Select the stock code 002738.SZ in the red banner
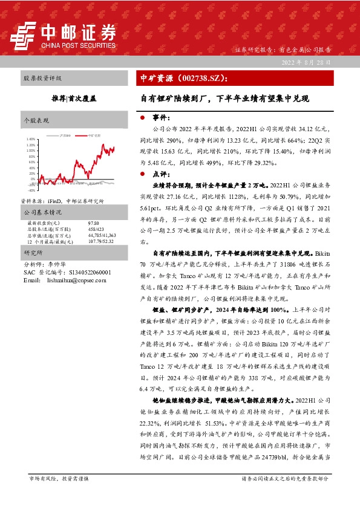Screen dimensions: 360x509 (x=203, y=79)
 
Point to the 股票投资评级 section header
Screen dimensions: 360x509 (x=42, y=79)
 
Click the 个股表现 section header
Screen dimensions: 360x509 (x=36, y=121)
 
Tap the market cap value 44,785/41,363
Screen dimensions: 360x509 (x=102, y=235)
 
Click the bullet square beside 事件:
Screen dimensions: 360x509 (x=142, y=118)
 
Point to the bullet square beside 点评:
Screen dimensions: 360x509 (x=142, y=173)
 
